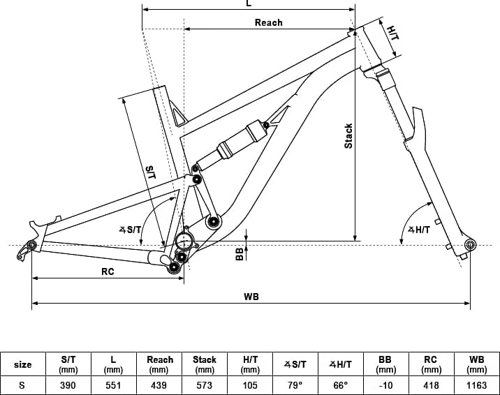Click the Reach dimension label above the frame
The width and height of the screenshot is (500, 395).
pos(269,23)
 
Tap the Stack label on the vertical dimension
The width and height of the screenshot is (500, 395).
pos(348,136)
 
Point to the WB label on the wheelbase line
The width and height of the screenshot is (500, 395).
pos(251,296)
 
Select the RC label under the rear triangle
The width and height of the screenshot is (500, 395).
pos(108,272)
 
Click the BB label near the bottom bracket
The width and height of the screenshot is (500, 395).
pos(240,254)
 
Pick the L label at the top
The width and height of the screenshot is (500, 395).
pos(249,3)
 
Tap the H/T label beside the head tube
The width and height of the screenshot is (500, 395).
pos(393,33)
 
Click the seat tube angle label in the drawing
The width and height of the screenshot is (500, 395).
pos(131,229)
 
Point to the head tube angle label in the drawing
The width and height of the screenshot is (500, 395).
pos(419,230)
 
